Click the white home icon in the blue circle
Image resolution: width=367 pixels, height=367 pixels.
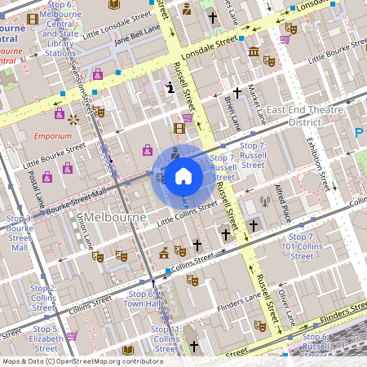coord(183,175)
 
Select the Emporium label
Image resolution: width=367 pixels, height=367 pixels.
coord(52,136)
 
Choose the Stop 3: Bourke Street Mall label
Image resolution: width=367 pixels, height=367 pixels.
coord(20,232)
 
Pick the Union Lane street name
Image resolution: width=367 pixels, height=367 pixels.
coord(84,230)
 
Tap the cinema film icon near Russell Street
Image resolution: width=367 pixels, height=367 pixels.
coord(179,127)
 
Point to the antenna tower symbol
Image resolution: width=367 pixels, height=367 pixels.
coord(263,201)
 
